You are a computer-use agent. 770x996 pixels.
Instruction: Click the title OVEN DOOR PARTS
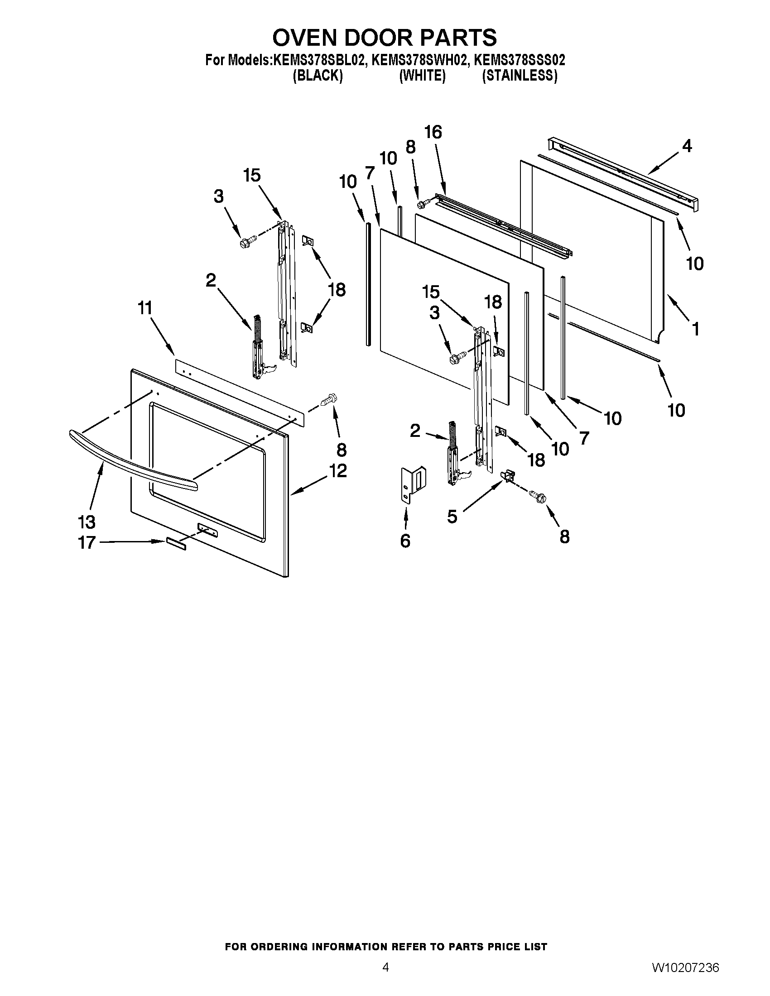pos(385,38)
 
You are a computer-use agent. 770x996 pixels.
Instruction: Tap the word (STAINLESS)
pos(520,76)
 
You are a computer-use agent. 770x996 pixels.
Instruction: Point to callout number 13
pos(87,521)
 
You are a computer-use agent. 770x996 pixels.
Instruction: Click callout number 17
pos(87,542)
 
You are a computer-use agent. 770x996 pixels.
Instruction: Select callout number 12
pos(337,470)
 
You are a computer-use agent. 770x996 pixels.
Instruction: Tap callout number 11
pos(144,308)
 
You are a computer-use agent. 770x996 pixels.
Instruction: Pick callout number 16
pos(433,132)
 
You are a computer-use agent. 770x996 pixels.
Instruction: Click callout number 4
pos(687,146)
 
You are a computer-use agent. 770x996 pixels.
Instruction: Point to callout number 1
pos(695,329)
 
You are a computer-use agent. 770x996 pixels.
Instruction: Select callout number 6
pos(405,541)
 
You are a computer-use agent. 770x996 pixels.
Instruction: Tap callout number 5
pos(452,517)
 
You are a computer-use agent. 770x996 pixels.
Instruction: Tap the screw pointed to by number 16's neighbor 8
pos(423,203)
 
